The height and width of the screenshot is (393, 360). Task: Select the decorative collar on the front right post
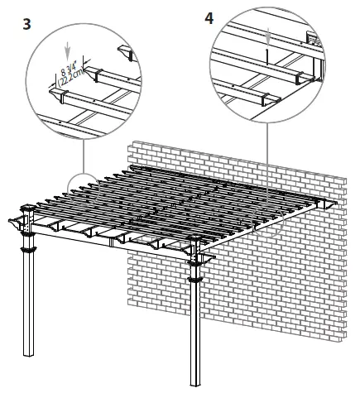(196, 272)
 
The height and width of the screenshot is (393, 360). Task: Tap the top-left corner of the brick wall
(131, 142)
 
